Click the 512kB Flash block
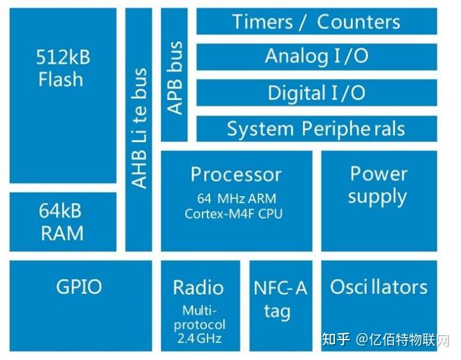63,96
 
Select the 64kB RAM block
63,222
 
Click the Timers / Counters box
316,22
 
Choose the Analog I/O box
316,57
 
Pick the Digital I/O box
316,93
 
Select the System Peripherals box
316,129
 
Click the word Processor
236,175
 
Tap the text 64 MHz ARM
236,198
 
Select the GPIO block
79,287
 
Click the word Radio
199,287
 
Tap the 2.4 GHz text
200,338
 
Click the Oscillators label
379,287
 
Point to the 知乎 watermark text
336,339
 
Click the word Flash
61,80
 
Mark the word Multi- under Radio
200,311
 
